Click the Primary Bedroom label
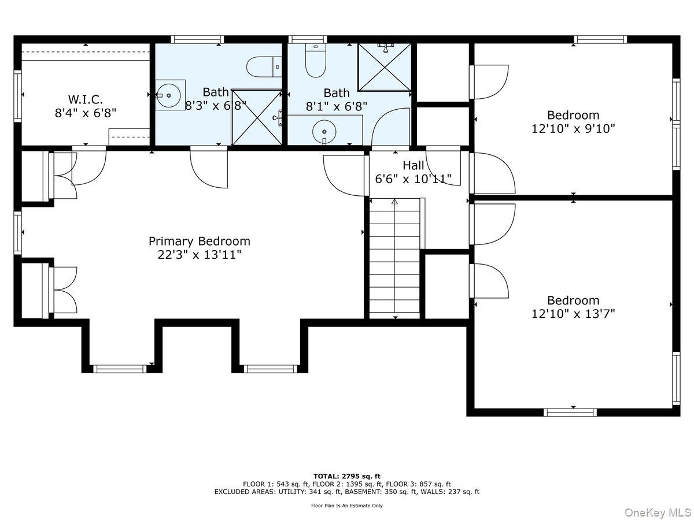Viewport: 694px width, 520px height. tap(199, 242)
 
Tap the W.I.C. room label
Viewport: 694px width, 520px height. tap(86, 99)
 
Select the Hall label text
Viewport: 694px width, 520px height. tap(414, 165)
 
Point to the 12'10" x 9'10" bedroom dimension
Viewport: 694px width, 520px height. tap(573, 129)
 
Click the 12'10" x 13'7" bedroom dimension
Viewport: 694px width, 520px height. tap(573, 314)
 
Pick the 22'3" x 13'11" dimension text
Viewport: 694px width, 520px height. tap(199, 254)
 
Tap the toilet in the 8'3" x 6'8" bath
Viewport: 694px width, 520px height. tap(264, 66)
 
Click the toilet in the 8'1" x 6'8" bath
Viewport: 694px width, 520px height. tap(316, 61)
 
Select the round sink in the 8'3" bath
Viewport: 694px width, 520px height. tap(169, 95)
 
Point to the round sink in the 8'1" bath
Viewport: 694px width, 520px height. tap(324, 132)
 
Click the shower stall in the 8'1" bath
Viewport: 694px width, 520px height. tap(385, 67)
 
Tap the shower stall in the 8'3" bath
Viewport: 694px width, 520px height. tap(257, 117)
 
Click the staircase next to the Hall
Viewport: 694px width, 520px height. tap(395, 258)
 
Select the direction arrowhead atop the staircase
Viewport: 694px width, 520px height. tap(394, 202)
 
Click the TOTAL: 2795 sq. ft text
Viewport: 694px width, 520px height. tap(347, 476)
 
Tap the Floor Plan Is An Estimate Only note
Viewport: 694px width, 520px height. tap(347, 506)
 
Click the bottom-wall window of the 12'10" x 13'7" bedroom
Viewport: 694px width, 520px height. tap(570, 413)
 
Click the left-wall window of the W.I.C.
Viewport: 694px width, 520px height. tap(18, 96)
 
